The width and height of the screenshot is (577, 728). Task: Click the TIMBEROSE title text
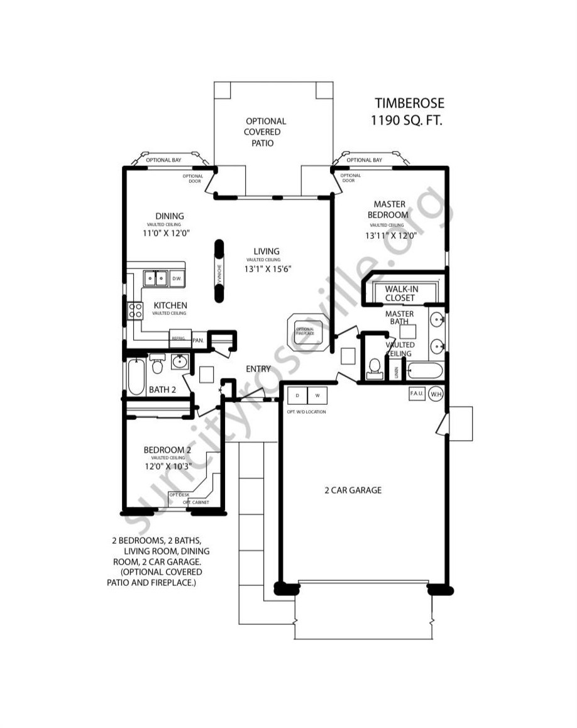tap(409, 103)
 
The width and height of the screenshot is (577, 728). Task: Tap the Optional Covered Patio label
tap(265, 132)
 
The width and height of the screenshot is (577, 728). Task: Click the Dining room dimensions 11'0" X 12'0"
tap(166, 233)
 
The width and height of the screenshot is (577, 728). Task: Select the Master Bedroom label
tap(390, 209)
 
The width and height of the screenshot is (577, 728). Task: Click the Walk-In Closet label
tap(400, 293)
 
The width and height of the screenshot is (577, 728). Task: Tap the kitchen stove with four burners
tap(136, 310)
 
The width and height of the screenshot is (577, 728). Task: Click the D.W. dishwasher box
tap(177, 278)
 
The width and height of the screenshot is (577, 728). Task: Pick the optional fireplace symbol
tap(305, 331)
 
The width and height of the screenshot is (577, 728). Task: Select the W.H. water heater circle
tap(436, 394)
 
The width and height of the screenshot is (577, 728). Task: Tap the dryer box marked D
tap(297, 396)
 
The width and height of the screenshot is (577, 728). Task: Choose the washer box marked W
tap(317, 396)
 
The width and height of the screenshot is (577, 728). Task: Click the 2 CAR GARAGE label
tap(353, 490)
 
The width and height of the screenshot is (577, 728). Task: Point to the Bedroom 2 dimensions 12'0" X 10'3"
tap(167, 466)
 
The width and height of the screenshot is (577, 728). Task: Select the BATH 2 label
tap(162, 390)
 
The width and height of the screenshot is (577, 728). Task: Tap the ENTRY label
tap(258, 369)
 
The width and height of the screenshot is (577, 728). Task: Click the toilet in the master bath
tap(374, 367)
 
